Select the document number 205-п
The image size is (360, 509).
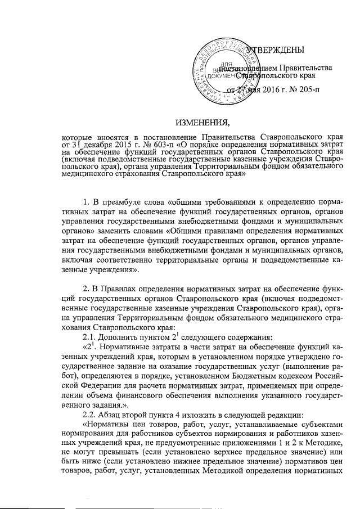303,90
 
